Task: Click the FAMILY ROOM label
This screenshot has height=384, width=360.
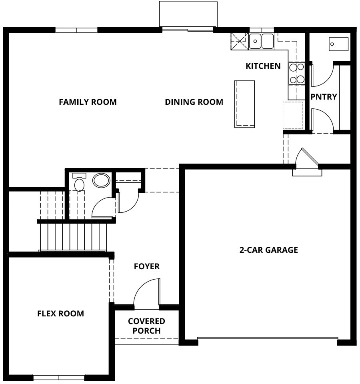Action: click(x=88, y=102)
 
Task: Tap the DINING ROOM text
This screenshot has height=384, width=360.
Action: click(x=194, y=102)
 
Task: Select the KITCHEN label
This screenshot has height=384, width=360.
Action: click(x=263, y=66)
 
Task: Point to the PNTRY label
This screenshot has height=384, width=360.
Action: click(x=324, y=97)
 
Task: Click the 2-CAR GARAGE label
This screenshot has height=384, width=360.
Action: click(x=269, y=250)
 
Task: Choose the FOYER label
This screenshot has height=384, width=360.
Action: click(x=147, y=266)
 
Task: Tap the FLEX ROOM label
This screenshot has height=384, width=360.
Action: click(x=60, y=314)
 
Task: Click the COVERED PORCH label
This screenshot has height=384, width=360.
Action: click(x=146, y=326)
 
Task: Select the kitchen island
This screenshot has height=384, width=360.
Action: click(x=244, y=104)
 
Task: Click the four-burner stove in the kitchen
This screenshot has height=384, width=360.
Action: click(x=296, y=73)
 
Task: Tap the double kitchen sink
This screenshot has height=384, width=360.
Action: click(x=261, y=41)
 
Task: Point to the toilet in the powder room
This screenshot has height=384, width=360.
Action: click(x=79, y=182)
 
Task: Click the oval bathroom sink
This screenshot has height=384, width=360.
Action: click(x=101, y=180)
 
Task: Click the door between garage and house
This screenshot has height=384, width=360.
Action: click(x=307, y=162)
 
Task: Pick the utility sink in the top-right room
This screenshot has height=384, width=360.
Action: click(x=338, y=44)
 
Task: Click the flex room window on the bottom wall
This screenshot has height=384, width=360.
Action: click(x=59, y=377)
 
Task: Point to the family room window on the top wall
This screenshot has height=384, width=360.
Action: click(x=76, y=30)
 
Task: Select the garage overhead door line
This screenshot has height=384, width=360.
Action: click(x=268, y=338)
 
